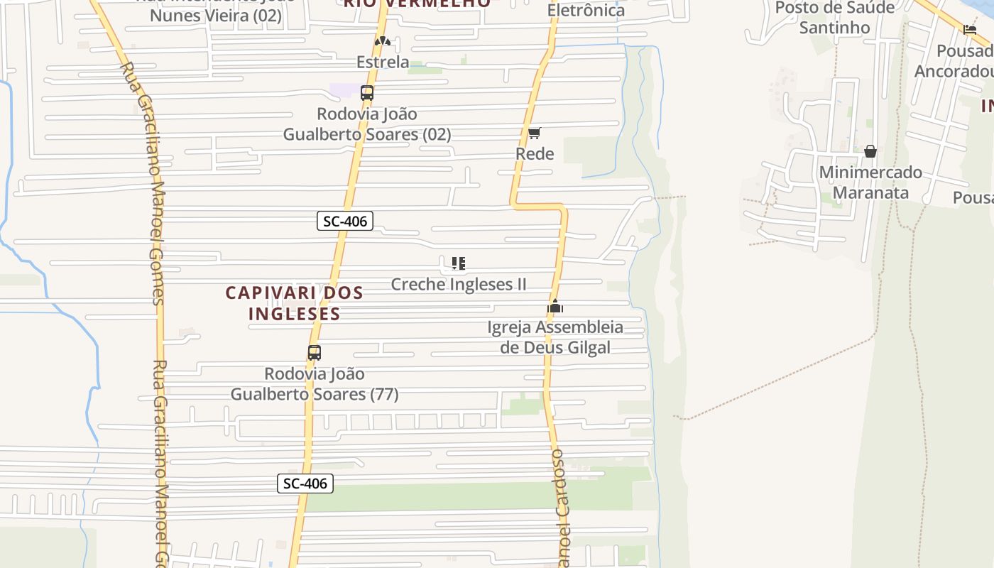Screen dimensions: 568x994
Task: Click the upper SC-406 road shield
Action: (x=344, y=221)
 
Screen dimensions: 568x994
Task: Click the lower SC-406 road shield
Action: (x=305, y=484)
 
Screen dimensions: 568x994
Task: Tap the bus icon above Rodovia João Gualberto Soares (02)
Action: (x=367, y=92)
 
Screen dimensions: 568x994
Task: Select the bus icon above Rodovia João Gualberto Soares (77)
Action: (x=314, y=352)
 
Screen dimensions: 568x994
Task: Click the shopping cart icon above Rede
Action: (x=535, y=133)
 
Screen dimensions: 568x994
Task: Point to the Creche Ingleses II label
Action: (x=459, y=285)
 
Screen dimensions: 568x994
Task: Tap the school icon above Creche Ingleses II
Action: (x=459, y=263)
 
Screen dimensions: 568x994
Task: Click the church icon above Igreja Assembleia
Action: (x=555, y=307)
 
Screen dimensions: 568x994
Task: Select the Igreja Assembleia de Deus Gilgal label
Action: (x=555, y=337)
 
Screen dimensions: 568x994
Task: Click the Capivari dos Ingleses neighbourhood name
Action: (x=294, y=302)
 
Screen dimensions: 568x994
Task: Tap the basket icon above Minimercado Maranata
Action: (x=870, y=151)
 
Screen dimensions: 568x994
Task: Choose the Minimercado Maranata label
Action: (x=870, y=182)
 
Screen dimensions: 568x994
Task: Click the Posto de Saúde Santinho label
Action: (x=834, y=18)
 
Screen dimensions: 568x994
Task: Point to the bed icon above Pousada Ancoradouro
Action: (x=970, y=30)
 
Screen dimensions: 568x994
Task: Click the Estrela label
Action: (x=383, y=62)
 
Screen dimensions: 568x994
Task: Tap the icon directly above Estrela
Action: (x=383, y=41)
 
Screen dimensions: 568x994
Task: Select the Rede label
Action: (x=535, y=154)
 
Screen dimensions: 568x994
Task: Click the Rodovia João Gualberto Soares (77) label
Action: (x=315, y=384)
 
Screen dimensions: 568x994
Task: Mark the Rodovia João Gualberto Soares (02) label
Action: (x=367, y=124)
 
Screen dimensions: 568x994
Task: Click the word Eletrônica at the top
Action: (x=586, y=10)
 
